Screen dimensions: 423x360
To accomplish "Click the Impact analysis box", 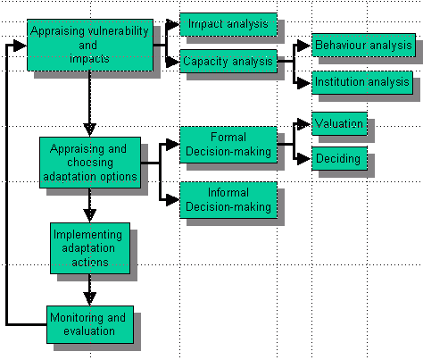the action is tap(228, 24).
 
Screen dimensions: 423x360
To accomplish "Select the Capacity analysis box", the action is tap(228, 61).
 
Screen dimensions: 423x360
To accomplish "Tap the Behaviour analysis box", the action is tap(363, 46).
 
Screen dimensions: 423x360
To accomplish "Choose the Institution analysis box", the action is tap(362, 82).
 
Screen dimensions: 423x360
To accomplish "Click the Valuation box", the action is tap(339, 123).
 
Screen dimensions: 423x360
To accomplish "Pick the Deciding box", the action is tap(339, 158).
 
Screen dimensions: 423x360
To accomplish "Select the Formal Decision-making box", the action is tap(228, 145).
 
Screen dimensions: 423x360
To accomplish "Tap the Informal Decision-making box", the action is tap(228, 200).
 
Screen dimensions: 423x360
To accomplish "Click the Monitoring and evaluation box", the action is tap(90, 324).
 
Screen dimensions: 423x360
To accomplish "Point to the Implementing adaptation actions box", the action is tap(90, 248).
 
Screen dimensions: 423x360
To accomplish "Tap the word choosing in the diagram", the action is tap(90, 163).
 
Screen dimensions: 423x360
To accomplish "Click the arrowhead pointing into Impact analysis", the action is tap(173, 24).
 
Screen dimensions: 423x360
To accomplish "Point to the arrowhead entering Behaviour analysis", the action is tap(304, 46).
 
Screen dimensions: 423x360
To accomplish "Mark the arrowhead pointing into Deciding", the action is tap(304, 159).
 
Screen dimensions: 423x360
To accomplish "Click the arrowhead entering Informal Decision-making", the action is tap(173, 200).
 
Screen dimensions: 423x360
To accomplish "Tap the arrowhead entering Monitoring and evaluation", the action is tap(90, 299).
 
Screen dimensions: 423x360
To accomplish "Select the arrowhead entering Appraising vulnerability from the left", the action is tap(20, 46).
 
